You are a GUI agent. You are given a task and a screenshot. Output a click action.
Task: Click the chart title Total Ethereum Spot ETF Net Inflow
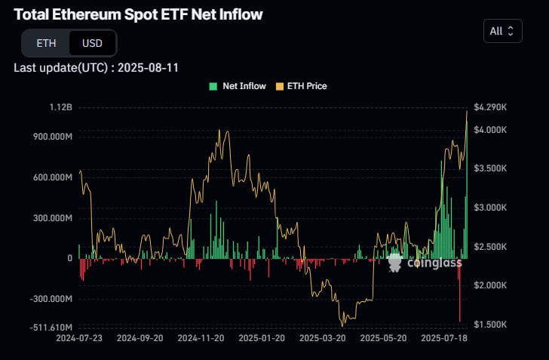[138, 14]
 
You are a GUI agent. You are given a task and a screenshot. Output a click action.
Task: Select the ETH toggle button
[46, 44]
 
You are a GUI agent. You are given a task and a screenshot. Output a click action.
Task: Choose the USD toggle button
[92, 44]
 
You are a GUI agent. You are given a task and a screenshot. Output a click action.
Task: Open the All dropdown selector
[501, 31]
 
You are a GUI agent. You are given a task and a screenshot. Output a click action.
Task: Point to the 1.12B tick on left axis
[59, 108]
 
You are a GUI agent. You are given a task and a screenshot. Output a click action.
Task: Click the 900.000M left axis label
[48, 137]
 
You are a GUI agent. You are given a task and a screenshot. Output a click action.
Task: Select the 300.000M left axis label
[48, 218]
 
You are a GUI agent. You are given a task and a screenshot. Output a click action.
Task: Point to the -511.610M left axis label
[47, 328]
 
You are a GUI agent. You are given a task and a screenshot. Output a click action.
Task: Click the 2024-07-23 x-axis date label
[79, 339]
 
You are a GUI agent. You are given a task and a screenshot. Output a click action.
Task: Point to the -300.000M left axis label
[47, 299]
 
